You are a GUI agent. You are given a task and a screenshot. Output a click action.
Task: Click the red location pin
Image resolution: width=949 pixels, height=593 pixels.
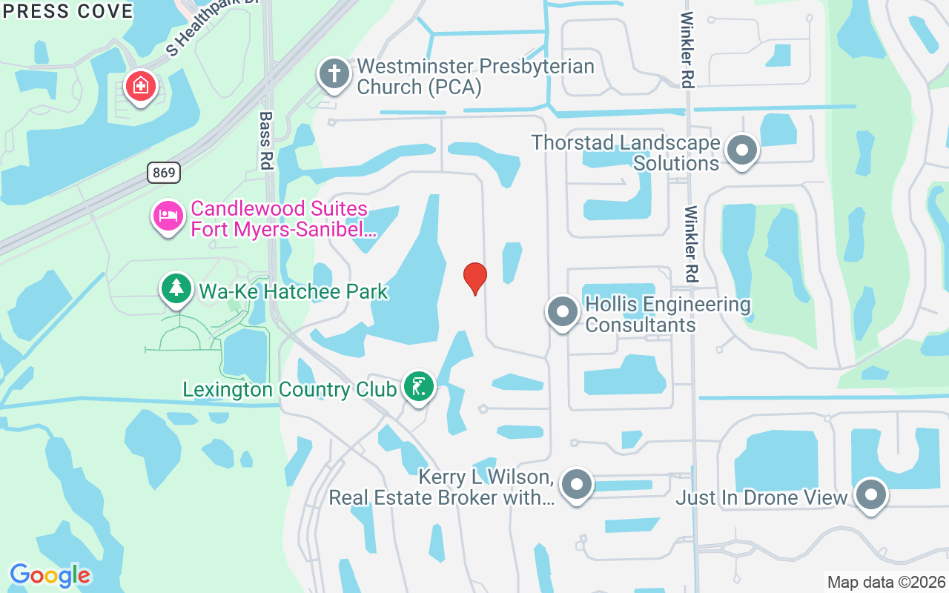474,278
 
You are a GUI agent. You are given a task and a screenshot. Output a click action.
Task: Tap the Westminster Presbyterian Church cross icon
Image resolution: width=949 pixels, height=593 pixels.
334,74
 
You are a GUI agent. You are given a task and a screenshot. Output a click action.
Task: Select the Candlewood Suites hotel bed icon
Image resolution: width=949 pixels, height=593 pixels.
168,216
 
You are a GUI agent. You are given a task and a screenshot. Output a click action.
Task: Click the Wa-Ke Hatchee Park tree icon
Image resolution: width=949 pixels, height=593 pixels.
176,288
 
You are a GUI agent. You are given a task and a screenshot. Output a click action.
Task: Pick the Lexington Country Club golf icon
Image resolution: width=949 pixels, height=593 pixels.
419,386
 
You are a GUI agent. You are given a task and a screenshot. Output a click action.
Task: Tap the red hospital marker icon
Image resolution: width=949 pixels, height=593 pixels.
140,87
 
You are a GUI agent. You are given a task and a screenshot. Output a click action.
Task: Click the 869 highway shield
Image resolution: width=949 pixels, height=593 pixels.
163,173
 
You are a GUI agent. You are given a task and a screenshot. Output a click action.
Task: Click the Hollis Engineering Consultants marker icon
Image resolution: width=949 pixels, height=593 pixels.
563,312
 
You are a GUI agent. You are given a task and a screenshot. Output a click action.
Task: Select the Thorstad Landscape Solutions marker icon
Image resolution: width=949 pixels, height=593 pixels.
741,150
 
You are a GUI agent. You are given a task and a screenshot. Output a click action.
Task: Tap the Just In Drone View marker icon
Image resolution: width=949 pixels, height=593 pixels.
870,494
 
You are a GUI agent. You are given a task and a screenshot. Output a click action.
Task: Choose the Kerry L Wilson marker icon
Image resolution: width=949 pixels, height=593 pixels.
577,485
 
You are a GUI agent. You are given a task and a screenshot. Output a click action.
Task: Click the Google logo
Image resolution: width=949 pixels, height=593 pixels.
50,575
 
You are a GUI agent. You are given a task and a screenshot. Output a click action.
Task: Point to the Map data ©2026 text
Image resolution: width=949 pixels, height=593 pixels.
886,582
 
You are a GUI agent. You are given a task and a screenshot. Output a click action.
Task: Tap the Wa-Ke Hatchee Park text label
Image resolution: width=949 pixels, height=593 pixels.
293,291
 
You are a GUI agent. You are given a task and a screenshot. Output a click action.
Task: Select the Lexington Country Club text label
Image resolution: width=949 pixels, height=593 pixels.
289,389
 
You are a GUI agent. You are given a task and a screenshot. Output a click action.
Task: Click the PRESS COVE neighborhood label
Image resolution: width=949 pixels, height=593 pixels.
67,11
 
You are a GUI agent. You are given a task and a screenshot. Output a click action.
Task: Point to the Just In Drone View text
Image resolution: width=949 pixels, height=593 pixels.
761,497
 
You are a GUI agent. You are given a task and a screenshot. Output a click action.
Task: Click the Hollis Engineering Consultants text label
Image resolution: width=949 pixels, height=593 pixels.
667,314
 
